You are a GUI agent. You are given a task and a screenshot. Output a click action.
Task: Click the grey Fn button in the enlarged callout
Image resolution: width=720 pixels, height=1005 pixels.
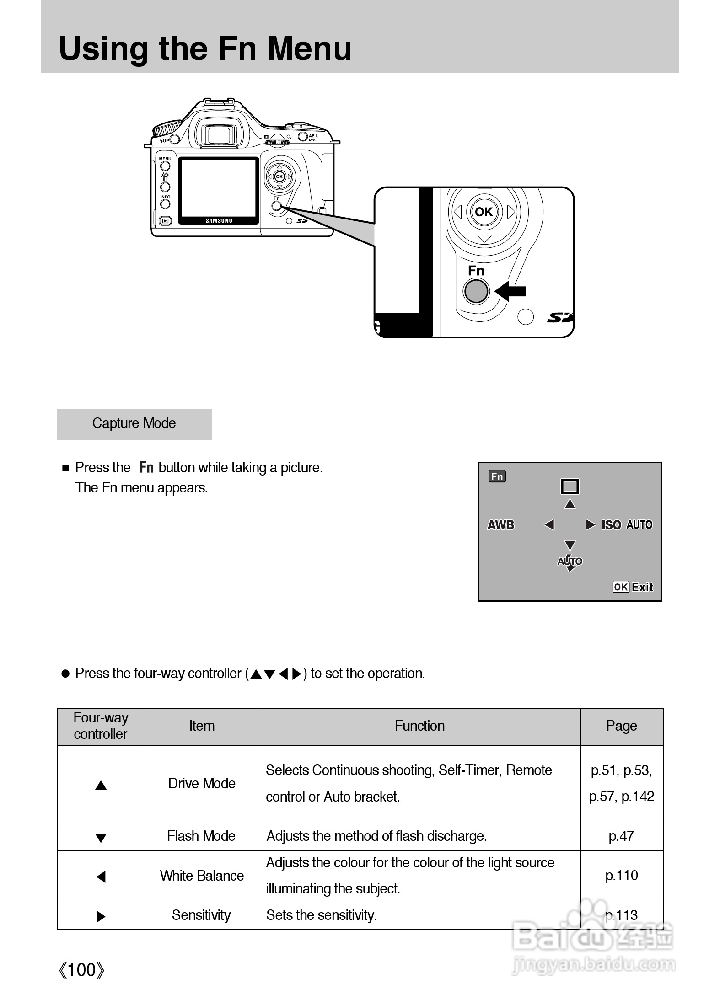click(476, 291)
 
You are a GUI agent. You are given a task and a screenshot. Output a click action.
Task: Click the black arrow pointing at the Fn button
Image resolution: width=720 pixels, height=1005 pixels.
click(511, 291)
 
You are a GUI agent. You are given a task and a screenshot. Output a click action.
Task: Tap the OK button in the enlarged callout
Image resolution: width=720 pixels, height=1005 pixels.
click(484, 212)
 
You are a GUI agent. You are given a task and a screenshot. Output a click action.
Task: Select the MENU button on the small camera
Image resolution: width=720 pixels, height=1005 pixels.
click(165, 165)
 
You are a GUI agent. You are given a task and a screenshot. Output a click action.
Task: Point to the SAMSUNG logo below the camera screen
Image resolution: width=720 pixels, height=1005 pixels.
click(219, 221)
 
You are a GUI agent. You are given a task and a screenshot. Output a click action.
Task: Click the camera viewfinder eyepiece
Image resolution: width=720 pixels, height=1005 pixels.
click(218, 134)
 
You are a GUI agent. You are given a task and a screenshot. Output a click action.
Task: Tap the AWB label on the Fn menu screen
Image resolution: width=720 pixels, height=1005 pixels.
click(501, 525)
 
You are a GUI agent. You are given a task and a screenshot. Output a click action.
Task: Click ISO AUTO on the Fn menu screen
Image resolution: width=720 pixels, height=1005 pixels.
click(627, 525)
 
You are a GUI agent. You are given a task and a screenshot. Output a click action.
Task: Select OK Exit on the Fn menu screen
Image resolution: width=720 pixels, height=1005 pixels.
click(633, 587)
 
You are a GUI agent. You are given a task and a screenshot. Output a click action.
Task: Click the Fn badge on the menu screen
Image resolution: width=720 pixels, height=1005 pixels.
click(497, 477)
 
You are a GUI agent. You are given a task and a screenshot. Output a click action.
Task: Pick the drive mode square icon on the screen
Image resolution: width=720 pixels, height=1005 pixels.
click(570, 486)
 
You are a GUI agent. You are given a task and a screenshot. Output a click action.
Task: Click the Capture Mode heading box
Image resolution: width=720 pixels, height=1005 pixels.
click(134, 424)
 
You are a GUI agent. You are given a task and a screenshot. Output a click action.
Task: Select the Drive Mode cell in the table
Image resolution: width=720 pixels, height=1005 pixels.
click(202, 784)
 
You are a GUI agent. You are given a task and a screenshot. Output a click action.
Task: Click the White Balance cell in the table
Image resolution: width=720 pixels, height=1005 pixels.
click(202, 876)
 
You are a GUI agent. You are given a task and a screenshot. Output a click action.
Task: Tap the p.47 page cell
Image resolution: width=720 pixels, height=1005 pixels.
click(621, 836)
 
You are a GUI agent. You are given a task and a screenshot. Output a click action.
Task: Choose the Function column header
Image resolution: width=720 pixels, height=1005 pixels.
click(419, 726)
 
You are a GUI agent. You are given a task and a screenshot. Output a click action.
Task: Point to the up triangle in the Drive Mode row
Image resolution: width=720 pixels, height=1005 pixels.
click(101, 786)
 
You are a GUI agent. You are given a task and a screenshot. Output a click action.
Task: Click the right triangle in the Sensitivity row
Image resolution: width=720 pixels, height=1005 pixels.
click(101, 917)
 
